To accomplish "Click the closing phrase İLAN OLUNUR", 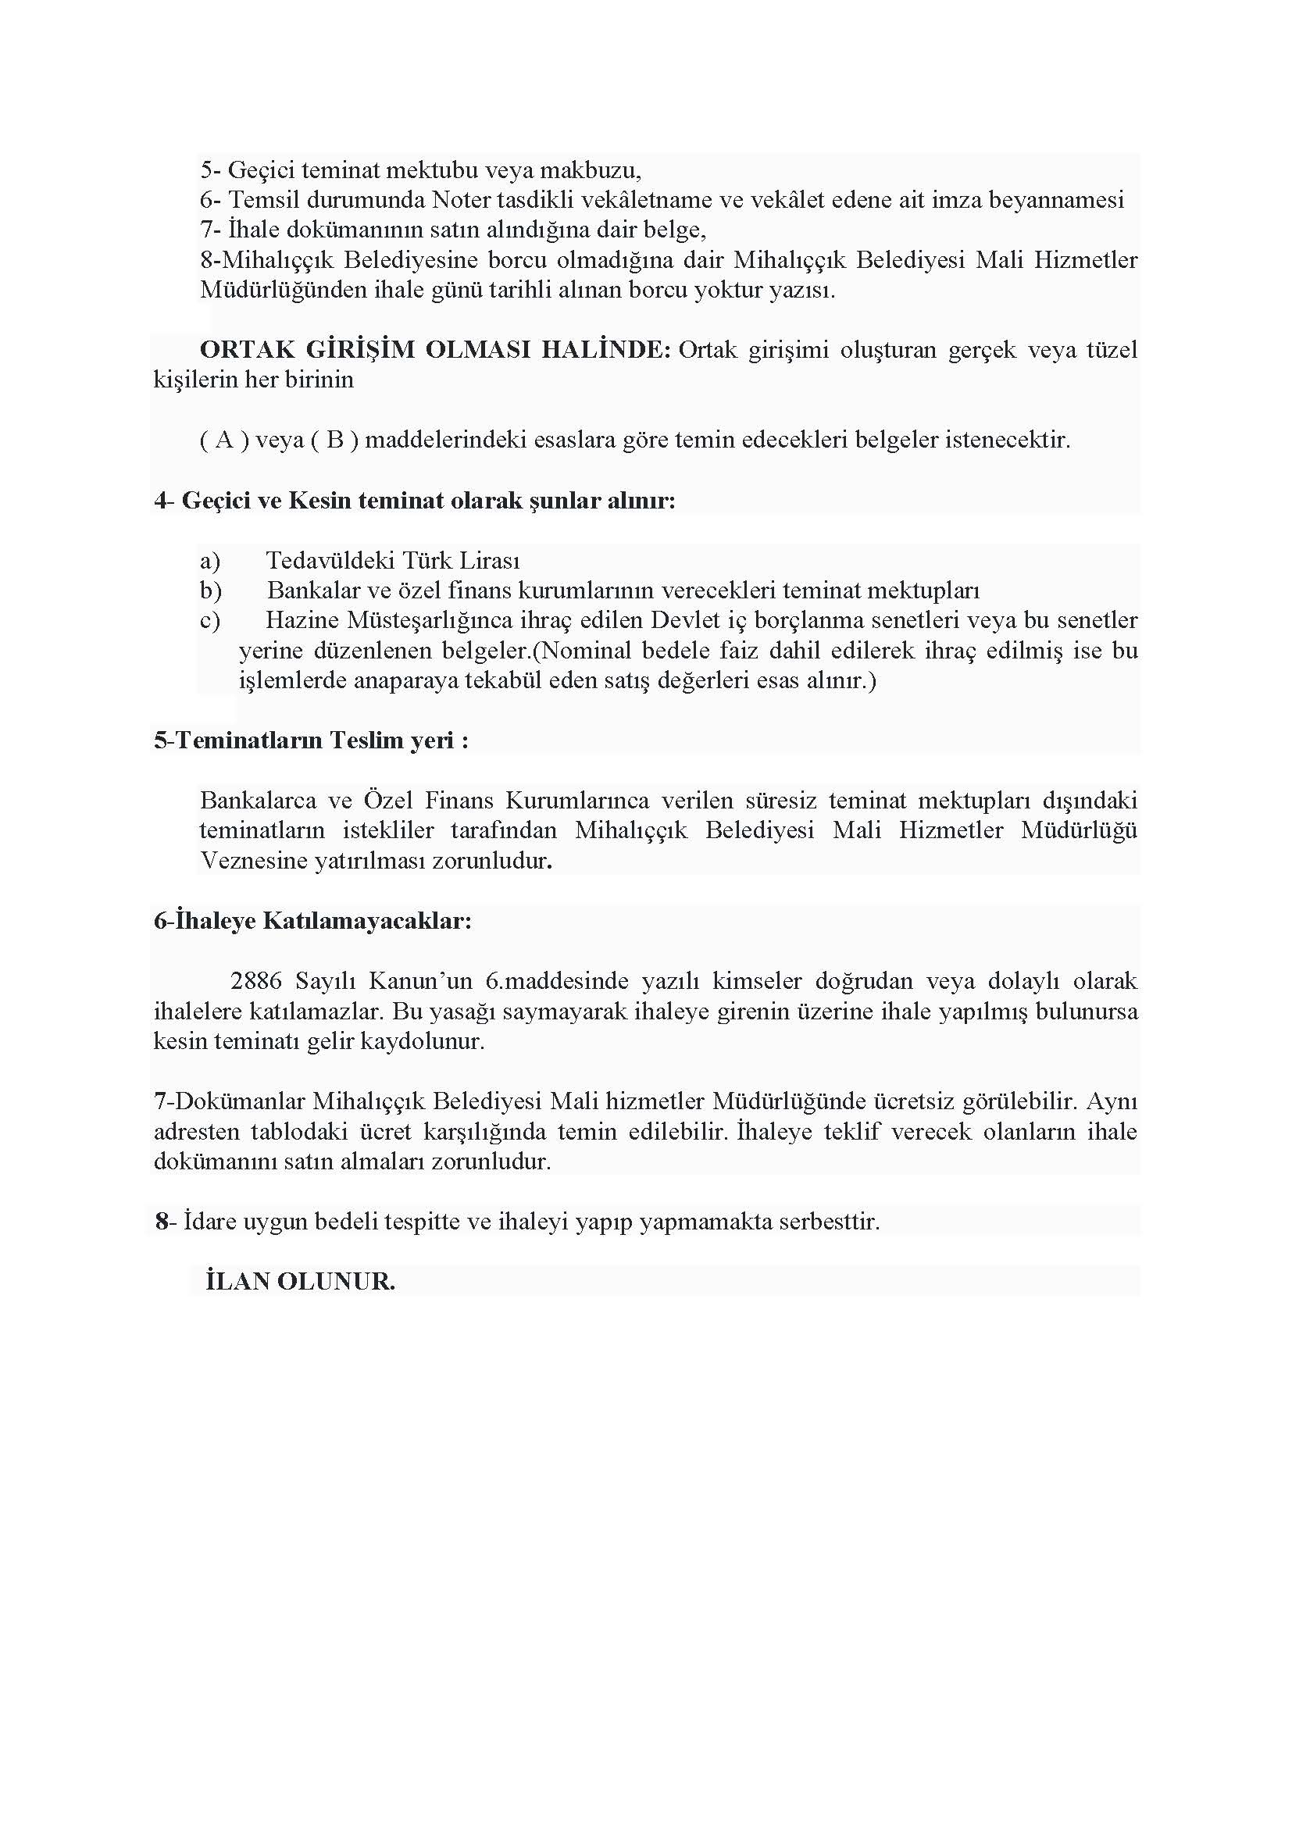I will (x=300, y=1281).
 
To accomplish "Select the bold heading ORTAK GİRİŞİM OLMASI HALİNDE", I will (x=435, y=350).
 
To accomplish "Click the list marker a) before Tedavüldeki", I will (x=210, y=561).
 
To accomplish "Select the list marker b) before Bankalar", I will (x=211, y=591).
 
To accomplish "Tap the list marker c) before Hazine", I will (x=210, y=621).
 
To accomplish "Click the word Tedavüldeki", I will (x=330, y=560).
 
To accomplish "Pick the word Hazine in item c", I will (x=302, y=620).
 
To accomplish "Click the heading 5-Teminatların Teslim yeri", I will (x=311, y=740).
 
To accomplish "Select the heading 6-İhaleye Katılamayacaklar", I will (x=312, y=921).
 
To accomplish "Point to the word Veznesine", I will (x=254, y=861).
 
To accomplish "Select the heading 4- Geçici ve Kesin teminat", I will (x=415, y=501).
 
